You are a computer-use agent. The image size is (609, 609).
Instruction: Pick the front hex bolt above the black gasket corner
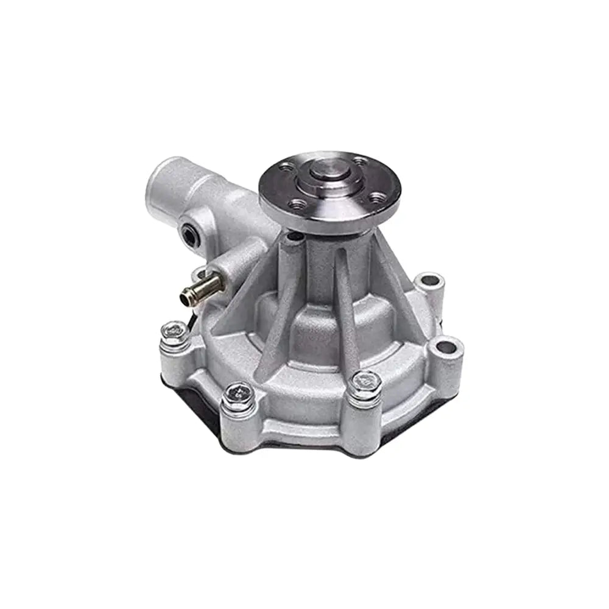(x=238, y=394)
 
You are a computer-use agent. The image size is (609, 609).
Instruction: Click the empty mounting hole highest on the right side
(x=429, y=281)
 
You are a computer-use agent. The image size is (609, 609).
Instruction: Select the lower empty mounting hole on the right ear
(x=446, y=347)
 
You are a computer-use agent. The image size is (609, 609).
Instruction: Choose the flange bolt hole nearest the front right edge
(x=377, y=197)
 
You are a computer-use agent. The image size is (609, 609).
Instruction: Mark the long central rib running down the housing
(x=345, y=304)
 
